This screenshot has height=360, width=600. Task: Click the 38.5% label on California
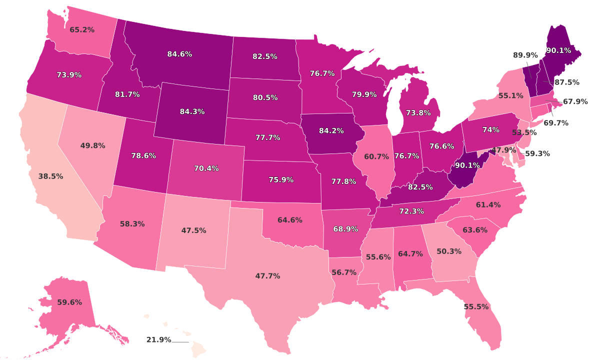coord(50,176)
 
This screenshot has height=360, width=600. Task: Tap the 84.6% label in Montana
coord(179,54)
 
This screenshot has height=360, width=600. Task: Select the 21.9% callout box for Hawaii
coord(159,340)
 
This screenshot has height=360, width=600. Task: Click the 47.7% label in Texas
coord(267,276)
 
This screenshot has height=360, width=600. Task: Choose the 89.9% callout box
coord(525,55)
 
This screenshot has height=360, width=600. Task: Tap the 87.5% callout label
coord(567,82)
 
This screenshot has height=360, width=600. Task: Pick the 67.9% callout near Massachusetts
coord(575,101)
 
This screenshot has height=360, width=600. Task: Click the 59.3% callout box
coord(537,154)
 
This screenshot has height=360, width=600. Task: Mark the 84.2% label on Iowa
coord(331,131)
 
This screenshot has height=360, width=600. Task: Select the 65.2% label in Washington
coord(82,30)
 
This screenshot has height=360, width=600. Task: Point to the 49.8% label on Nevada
coord(92,146)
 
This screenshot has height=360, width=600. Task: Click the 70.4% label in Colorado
coord(206,168)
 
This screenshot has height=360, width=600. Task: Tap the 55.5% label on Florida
coord(476,306)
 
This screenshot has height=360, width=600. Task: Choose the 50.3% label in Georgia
coord(449,251)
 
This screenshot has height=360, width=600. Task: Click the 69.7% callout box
coord(555,123)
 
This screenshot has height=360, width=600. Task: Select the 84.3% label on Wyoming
coord(192,111)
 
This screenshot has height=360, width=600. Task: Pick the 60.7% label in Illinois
coord(376,156)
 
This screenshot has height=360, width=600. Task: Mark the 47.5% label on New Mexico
coord(194,230)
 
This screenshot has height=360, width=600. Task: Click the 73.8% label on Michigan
coord(418,113)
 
